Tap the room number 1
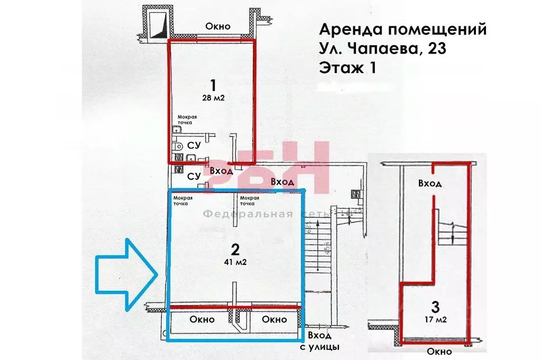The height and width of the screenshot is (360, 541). pos(213,85)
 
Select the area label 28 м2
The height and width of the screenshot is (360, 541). pos(213,97)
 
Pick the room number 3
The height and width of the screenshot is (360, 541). pos(435,306)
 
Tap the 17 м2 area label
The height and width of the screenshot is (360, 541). pos(435,319)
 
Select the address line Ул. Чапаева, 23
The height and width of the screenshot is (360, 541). pos(383,49)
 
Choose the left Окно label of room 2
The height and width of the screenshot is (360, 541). pos(201,319)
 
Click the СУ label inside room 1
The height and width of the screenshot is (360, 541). pos(194,145)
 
